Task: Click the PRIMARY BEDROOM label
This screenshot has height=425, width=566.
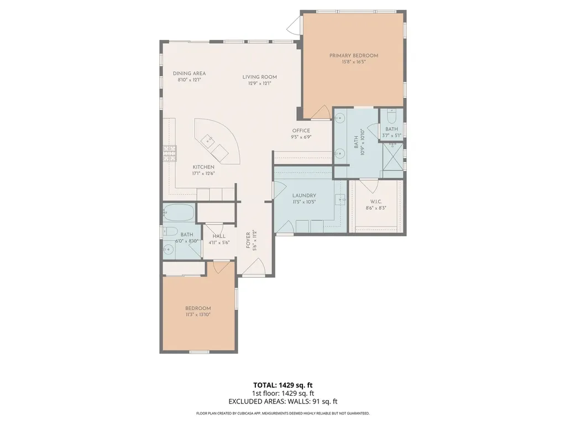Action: tap(354, 55)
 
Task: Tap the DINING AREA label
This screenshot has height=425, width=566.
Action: tap(189, 74)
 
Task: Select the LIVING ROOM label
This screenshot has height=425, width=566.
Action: tap(259, 77)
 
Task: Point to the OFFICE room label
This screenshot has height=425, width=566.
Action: tap(301, 131)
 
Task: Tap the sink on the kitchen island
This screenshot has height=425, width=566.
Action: tap(208, 140)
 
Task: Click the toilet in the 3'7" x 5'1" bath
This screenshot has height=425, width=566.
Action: tap(392, 118)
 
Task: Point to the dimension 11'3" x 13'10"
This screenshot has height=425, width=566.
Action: tap(198, 315)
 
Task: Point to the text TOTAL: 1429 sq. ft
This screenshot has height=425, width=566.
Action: tap(282, 385)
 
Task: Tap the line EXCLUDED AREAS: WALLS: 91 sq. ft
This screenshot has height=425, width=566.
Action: tap(282, 402)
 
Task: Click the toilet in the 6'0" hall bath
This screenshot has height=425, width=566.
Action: tap(171, 232)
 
